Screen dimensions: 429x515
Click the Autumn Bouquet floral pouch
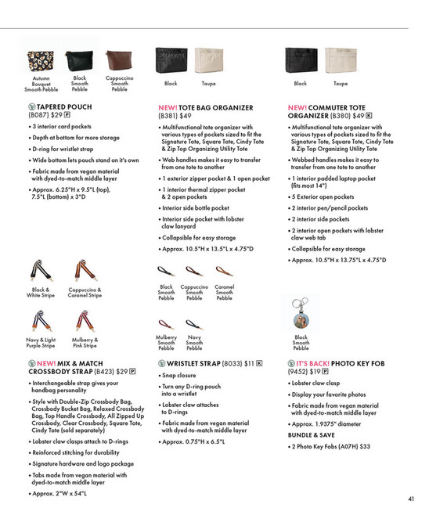41,61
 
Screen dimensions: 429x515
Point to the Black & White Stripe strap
38,271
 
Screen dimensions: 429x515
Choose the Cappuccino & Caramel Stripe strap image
84,271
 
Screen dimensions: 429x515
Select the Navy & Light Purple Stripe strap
38,322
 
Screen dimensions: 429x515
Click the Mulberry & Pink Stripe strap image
84,322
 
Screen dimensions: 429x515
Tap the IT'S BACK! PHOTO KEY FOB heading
336,363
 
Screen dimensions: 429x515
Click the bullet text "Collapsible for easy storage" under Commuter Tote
327,249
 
